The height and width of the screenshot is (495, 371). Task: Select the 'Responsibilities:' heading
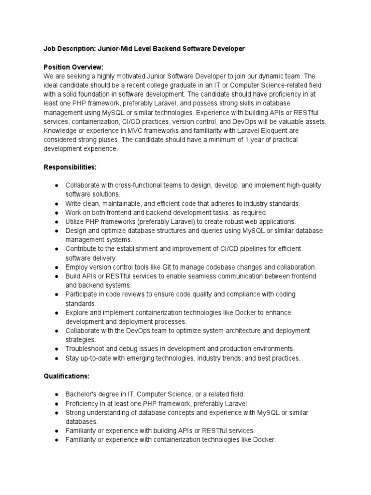[x=70, y=167]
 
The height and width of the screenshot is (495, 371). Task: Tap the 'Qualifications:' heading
[x=67, y=375]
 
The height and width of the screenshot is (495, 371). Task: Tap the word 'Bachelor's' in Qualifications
[x=81, y=394]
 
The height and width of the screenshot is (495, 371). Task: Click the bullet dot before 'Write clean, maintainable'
[x=57, y=204]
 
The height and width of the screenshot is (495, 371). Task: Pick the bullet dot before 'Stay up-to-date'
[x=57, y=358]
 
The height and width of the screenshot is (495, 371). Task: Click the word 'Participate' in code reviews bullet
[x=83, y=294]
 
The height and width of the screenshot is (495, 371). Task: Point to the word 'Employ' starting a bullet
[x=76, y=267]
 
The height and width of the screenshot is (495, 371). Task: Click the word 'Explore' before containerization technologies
[x=78, y=312]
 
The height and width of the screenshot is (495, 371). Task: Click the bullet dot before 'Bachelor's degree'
[x=57, y=394]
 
